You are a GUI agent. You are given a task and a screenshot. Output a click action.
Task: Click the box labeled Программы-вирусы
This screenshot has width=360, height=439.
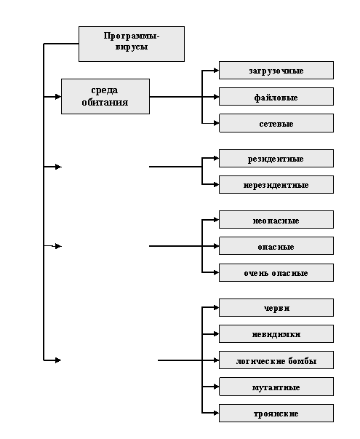132,44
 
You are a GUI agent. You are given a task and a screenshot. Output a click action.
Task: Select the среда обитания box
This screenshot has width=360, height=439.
105,96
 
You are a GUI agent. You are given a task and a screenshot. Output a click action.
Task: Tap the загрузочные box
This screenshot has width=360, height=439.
276,71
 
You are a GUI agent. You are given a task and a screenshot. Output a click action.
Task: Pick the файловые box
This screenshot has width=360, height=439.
276,97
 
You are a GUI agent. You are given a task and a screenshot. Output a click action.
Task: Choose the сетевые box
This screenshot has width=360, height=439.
276,123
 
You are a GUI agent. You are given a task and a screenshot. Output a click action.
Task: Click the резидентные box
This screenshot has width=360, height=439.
276,158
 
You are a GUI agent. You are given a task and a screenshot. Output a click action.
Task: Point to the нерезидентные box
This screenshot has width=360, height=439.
276,184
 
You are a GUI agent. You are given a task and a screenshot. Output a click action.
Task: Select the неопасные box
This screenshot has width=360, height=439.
276,220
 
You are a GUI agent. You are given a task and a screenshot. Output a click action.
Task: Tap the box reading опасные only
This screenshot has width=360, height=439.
276,246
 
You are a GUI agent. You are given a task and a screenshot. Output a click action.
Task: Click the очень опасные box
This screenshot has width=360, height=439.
276,272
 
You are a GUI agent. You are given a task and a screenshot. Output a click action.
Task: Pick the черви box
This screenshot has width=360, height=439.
276,307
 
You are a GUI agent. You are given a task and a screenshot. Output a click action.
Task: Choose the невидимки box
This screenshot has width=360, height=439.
276,333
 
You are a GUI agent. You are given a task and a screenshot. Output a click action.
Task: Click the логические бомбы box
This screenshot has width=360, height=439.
276,360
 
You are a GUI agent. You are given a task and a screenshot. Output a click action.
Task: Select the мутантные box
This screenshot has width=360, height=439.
276,387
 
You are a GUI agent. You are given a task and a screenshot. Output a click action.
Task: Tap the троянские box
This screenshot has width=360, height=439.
276,413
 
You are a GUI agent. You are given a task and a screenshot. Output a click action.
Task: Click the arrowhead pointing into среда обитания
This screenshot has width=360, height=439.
58,97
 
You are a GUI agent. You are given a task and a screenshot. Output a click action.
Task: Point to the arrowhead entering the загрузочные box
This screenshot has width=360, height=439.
216,71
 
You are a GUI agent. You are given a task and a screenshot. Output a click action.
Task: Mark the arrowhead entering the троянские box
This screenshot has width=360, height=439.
216,413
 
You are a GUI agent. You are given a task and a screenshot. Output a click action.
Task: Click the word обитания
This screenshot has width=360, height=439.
105,103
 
